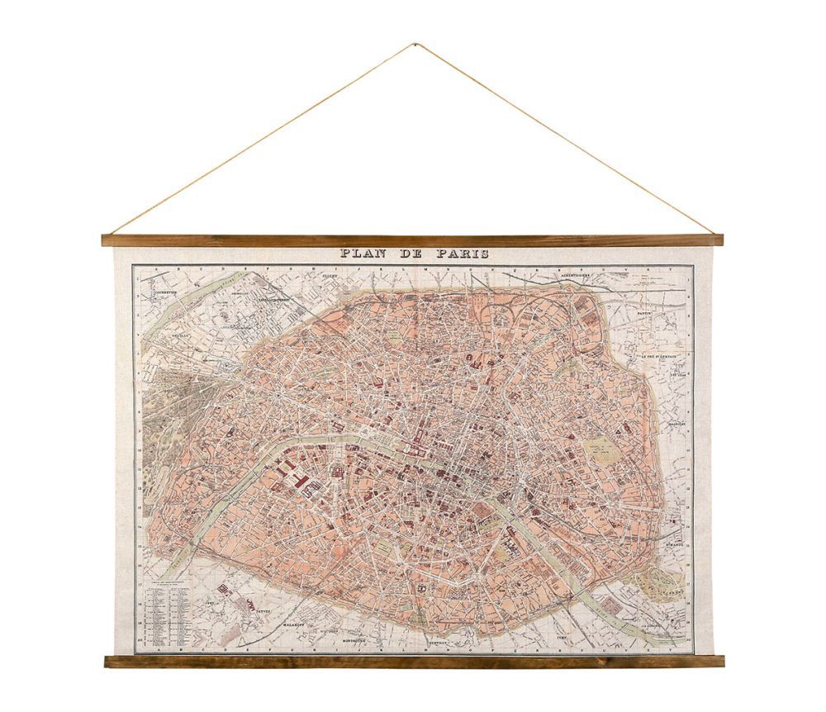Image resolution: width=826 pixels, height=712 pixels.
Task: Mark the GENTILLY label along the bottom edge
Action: click(439, 640)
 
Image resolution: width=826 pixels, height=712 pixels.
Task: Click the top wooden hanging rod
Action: click(412, 240)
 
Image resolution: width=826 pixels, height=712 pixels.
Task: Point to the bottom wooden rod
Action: click(414, 661)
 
